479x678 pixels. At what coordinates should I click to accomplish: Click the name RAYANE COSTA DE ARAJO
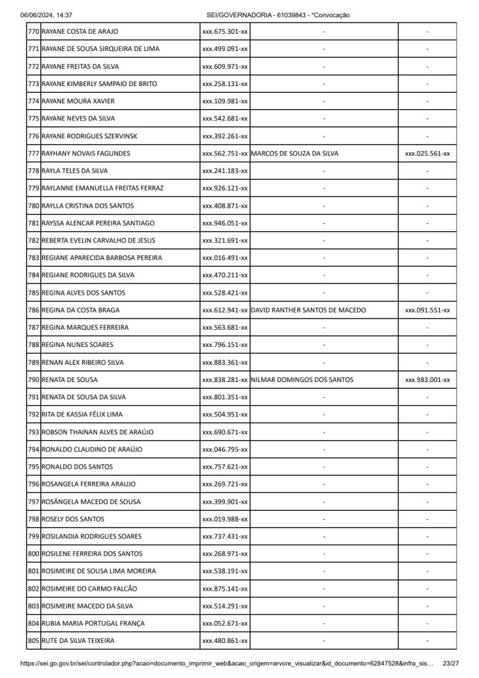pos(80,32)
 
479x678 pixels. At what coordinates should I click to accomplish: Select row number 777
pos(34,154)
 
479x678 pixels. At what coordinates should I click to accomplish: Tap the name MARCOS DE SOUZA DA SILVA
pos(295,154)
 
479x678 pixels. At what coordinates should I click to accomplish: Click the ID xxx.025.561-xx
pos(427,154)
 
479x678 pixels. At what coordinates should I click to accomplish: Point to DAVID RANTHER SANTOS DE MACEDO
pos(308,310)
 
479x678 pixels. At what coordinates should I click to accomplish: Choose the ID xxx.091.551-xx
pos(427,310)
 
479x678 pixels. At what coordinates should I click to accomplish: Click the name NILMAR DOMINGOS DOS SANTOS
pos(302,380)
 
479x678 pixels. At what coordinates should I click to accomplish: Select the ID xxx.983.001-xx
pos(427,380)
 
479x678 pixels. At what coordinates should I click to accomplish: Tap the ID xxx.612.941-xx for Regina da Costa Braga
pos(225,310)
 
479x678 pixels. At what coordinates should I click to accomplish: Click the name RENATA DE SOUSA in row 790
pos(69,380)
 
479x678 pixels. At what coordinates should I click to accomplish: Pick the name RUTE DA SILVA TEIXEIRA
pos(78,641)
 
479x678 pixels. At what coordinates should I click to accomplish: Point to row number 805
pos(34,641)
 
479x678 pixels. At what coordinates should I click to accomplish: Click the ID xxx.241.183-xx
pos(225,171)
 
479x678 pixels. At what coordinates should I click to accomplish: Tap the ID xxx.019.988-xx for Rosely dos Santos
pos(225,519)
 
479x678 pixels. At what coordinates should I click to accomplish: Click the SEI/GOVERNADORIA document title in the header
pos(279,15)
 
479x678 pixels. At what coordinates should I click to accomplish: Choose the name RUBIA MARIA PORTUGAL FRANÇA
pos(93,624)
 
